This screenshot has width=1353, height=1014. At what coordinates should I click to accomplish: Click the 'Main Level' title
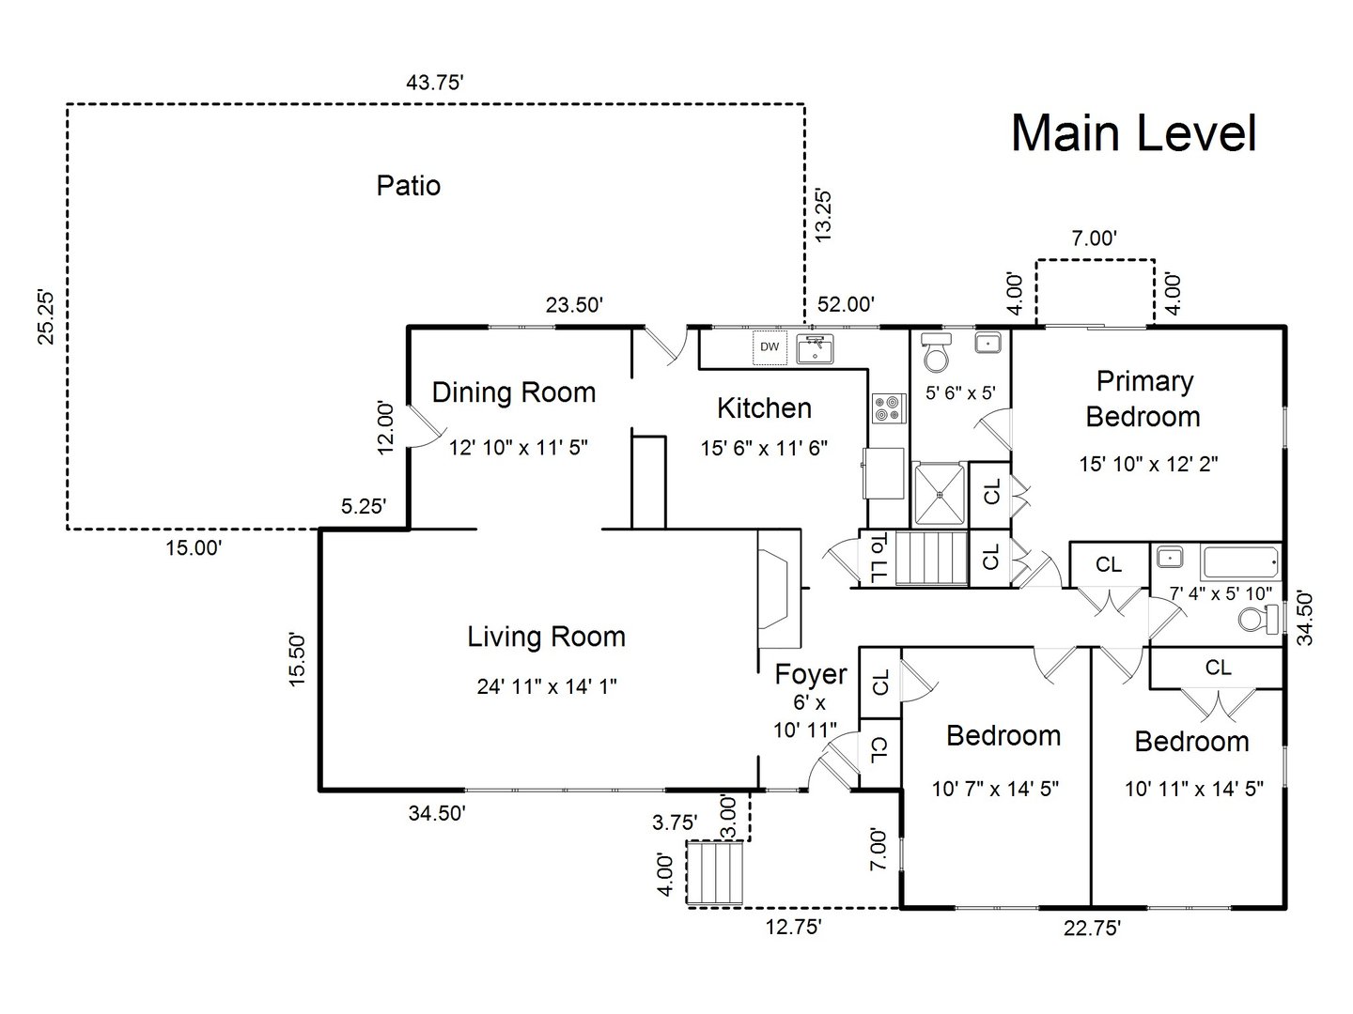click(x=1133, y=132)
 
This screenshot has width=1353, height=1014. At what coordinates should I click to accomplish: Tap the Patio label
click(x=408, y=185)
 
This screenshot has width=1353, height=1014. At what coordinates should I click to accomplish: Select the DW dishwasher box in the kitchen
click(x=770, y=347)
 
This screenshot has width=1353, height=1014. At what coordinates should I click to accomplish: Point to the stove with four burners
click(x=887, y=408)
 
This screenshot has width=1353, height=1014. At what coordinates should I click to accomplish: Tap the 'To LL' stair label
click(x=878, y=558)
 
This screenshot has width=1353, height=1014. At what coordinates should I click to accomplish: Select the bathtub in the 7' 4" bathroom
click(x=1240, y=562)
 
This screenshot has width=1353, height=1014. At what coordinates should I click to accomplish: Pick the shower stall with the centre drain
click(x=940, y=494)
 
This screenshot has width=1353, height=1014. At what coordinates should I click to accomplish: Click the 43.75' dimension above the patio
click(x=435, y=83)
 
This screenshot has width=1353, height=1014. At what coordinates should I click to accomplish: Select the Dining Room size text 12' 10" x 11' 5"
click(x=518, y=447)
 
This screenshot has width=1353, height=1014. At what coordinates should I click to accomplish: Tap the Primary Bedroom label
click(x=1143, y=398)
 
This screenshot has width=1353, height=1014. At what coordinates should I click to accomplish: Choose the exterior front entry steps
click(x=716, y=874)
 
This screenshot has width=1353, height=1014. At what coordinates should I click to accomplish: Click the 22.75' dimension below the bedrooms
click(x=1091, y=929)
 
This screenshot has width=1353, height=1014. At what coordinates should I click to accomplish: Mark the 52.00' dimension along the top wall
click(x=846, y=303)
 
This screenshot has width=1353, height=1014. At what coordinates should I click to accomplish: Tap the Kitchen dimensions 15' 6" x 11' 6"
click(x=764, y=448)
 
